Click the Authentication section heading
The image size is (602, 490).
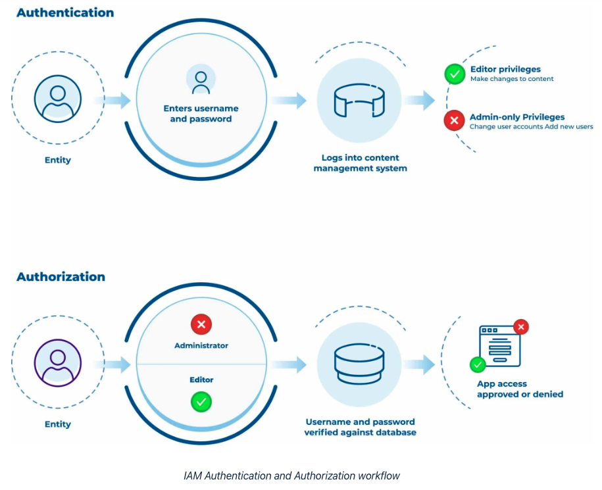pyautogui.click(x=64, y=12)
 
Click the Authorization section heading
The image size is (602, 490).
pyautogui.click(x=61, y=276)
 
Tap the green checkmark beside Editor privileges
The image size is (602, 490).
pyautogui.click(x=455, y=74)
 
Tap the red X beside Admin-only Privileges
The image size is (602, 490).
pyautogui.click(x=454, y=121)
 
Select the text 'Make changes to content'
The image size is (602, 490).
pyautogui.click(x=512, y=79)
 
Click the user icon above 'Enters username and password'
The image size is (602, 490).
pyautogui.click(x=201, y=80)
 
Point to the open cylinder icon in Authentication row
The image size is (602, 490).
pyautogui.click(x=359, y=101)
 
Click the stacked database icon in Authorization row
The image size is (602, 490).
pyautogui.click(x=359, y=364)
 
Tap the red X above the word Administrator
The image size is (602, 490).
pyautogui.click(x=201, y=324)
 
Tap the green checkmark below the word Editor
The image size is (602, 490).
pyautogui.click(x=201, y=401)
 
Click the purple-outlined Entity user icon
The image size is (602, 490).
pyautogui.click(x=58, y=363)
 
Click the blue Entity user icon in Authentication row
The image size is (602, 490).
pyautogui.click(x=58, y=99)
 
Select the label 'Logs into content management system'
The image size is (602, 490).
pyautogui.click(x=360, y=163)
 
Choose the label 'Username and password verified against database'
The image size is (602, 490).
pyautogui.click(x=360, y=427)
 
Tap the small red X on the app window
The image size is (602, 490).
pyautogui.click(x=521, y=326)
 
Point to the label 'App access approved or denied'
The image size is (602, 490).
pyautogui.click(x=520, y=389)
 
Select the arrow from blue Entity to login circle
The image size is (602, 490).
pyautogui.click(x=113, y=101)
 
